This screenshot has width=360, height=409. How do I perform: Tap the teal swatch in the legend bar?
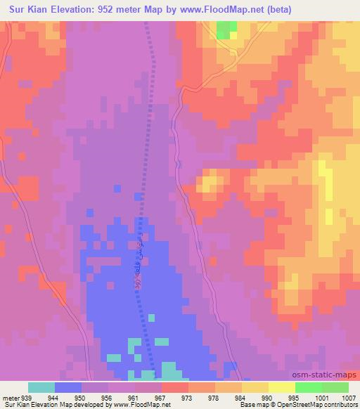point(41,387)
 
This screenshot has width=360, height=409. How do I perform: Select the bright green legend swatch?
point(309,387)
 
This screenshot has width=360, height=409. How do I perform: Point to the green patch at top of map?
point(226,29)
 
